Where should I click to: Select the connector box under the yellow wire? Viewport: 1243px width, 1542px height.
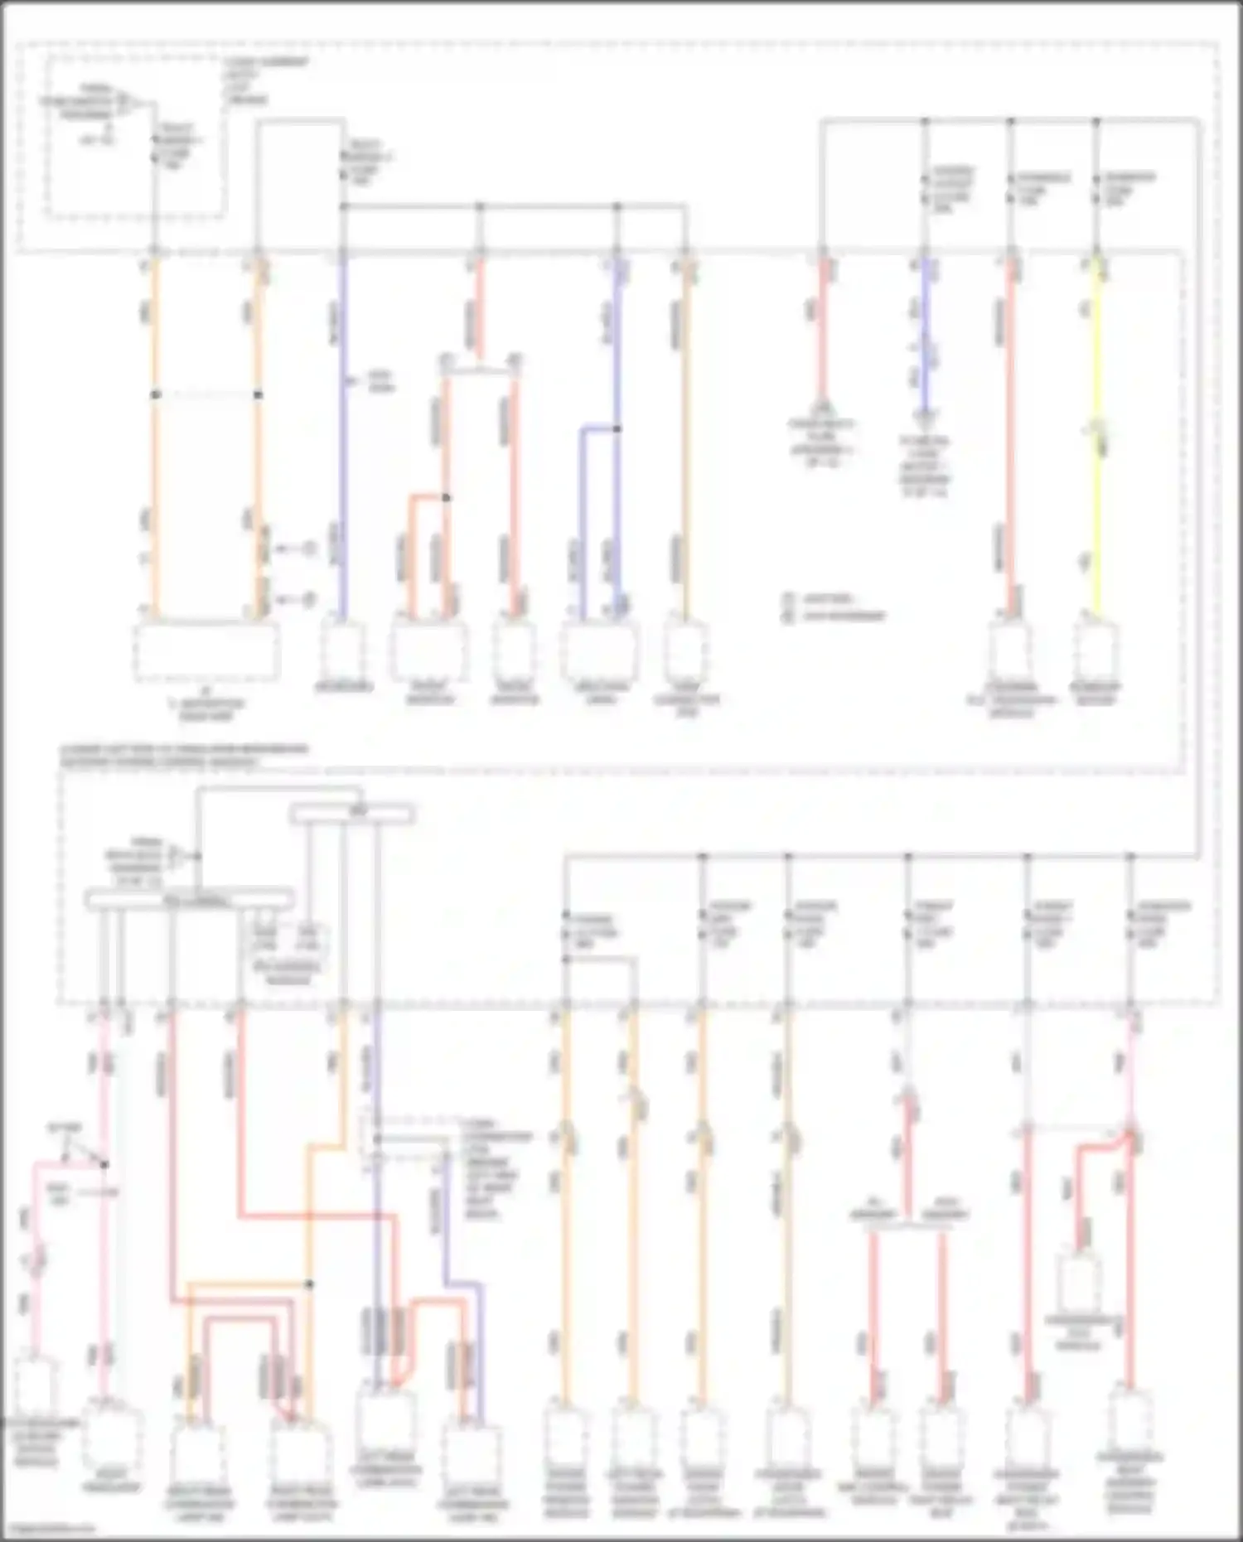[x=1096, y=651]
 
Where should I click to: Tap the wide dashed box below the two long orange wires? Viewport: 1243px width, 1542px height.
[x=207, y=651]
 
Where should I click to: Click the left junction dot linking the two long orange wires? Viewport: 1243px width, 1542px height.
[x=155, y=394]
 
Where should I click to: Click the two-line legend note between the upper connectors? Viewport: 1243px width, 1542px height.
[x=833, y=607]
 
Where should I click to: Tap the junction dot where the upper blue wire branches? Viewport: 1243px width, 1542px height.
[x=616, y=428]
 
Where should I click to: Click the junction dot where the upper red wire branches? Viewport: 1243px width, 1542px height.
[x=446, y=497]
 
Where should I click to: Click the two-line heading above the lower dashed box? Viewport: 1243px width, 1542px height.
[x=182, y=755]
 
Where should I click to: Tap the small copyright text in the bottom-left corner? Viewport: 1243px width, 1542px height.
[x=46, y=1529]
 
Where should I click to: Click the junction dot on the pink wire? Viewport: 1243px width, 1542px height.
[x=104, y=1164]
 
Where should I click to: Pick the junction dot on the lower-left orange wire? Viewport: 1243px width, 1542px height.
[x=309, y=1283]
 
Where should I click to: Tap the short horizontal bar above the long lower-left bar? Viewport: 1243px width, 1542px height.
[x=352, y=815]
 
